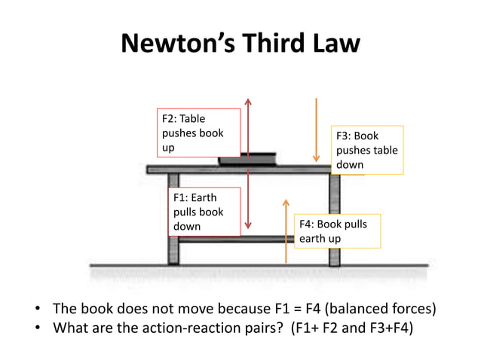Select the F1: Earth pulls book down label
click(204, 212)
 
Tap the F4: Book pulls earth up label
click(336, 231)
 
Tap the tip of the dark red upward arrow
click(248, 100)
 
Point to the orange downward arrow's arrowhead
click(317, 159)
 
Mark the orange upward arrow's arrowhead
click(285, 201)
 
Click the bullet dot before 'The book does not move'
click(36, 310)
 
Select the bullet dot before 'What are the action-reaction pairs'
click(36, 328)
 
